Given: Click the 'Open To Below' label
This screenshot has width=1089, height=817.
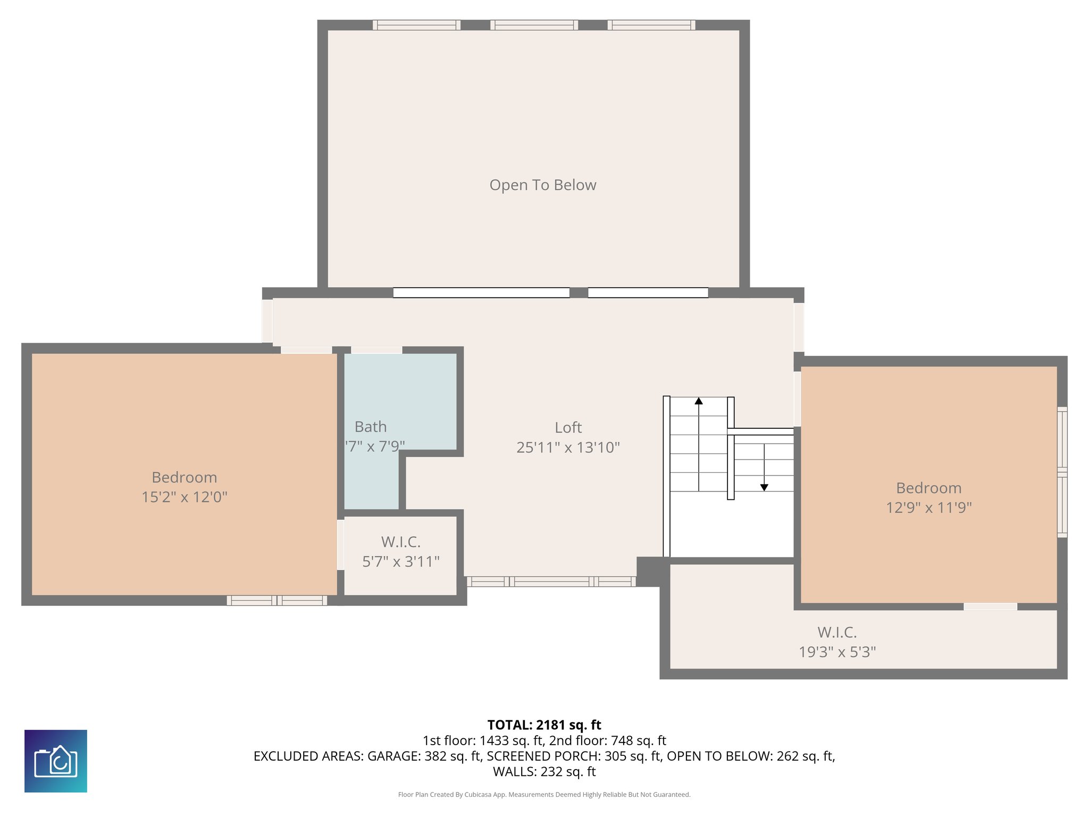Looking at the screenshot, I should click(x=542, y=185).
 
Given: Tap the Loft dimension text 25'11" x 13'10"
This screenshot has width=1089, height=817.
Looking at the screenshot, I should click(x=568, y=447).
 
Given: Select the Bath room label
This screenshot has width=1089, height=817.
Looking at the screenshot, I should click(x=371, y=427).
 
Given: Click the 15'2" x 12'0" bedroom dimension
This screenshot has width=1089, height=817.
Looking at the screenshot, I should click(x=185, y=497).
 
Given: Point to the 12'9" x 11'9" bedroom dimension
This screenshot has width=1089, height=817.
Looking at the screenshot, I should click(x=928, y=507).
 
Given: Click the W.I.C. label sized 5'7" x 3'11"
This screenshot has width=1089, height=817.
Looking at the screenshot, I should click(x=401, y=542).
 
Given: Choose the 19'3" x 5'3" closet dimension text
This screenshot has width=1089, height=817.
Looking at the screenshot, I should click(x=837, y=652).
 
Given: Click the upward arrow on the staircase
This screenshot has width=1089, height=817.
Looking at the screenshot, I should click(x=699, y=401).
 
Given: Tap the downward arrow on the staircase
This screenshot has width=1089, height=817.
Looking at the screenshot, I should click(x=764, y=487).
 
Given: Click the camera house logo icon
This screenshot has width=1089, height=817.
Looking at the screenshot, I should click(x=56, y=761).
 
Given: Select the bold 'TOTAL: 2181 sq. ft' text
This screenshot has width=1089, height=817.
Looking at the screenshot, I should click(x=544, y=725).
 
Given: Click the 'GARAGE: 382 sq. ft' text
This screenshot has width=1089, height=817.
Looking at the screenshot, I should click(x=424, y=756).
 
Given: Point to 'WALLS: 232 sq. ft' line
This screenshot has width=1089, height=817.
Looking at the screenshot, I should click(x=544, y=771).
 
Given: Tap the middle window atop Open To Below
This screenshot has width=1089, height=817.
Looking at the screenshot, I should click(x=534, y=25).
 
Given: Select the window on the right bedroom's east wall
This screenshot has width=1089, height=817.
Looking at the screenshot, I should click(x=1062, y=472).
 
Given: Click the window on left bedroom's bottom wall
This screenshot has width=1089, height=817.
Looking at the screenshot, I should click(x=277, y=601).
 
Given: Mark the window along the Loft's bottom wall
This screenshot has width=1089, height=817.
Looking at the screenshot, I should click(x=551, y=581).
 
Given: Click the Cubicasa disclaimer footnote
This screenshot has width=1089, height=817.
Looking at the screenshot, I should click(x=544, y=795).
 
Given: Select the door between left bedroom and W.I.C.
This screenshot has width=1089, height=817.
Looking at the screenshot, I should click(x=340, y=545).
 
